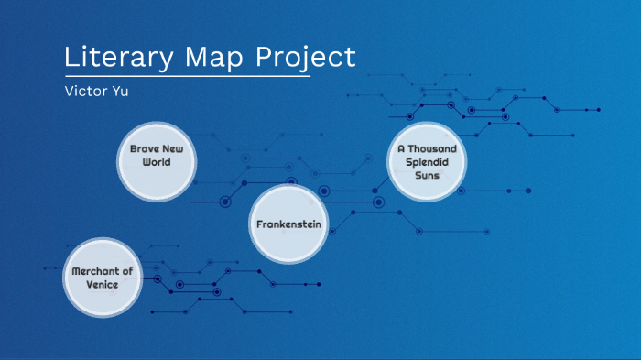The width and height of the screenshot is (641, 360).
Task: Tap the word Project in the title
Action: (x=305, y=58)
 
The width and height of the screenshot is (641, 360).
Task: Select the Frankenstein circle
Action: (x=289, y=224)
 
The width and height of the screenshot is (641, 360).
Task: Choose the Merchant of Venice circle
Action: (x=103, y=278)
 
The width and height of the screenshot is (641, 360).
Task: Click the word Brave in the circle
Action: (x=143, y=148)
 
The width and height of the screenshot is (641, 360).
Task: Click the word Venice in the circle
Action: (x=103, y=284)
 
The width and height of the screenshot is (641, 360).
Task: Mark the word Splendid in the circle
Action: (x=428, y=161)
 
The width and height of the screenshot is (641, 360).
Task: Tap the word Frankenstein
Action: (x=289, y=224)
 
